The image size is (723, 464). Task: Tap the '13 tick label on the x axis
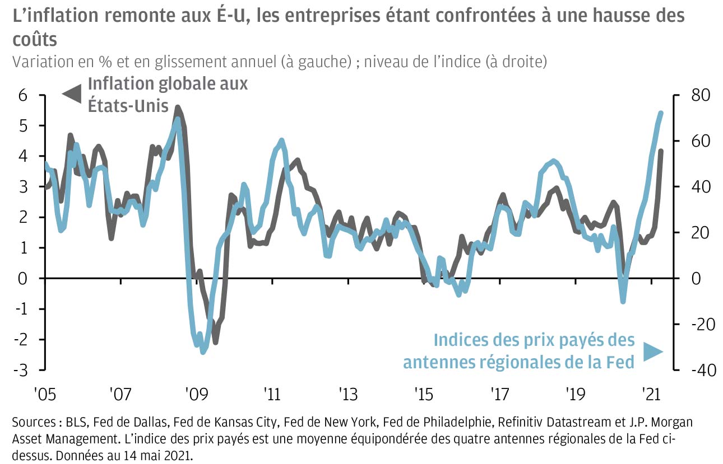347,394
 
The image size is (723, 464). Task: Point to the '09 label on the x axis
196,394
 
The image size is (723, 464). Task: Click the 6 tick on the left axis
23,95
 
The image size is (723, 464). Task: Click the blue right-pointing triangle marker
652,351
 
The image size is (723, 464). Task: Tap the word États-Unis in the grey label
128,105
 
